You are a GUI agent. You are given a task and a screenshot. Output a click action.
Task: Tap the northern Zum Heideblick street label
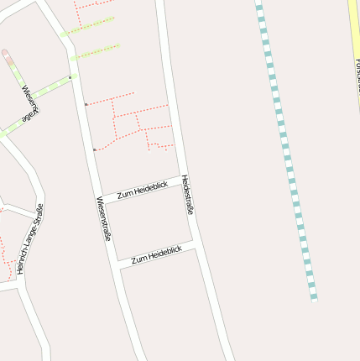(142, 190)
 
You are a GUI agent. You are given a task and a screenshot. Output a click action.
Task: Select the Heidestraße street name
(187, 195)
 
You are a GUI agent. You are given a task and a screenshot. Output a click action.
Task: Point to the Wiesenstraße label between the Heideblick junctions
(105, 220)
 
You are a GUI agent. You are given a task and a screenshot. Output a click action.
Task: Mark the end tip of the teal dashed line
(314, 298)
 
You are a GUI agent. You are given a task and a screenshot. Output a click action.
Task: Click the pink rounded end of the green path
(7, 55)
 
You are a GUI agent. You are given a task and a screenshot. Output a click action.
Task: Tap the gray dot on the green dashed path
(71, 77)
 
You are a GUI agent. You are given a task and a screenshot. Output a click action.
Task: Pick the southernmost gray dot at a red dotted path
(95, 150)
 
